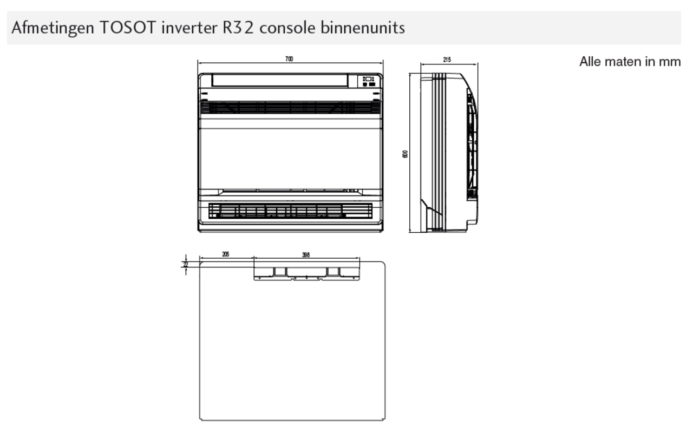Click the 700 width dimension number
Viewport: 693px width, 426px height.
coord(289,59)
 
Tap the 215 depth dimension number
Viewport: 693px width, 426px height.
coord(447,60)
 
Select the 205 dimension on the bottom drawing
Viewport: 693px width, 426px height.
coord(225,254)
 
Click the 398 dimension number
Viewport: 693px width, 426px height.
coord(306,255)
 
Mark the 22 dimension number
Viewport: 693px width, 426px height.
coord(186,264)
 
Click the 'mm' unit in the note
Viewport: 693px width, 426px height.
coord(670,61)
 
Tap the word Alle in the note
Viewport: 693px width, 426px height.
coord(590,61)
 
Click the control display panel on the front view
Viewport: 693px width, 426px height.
coord(369,81)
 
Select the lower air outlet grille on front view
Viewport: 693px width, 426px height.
coord(290,211)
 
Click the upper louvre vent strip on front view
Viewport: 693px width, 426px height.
coord(290,108)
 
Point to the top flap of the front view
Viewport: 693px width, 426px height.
coord(279,81)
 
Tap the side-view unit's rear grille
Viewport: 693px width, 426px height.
coord(472,146)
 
